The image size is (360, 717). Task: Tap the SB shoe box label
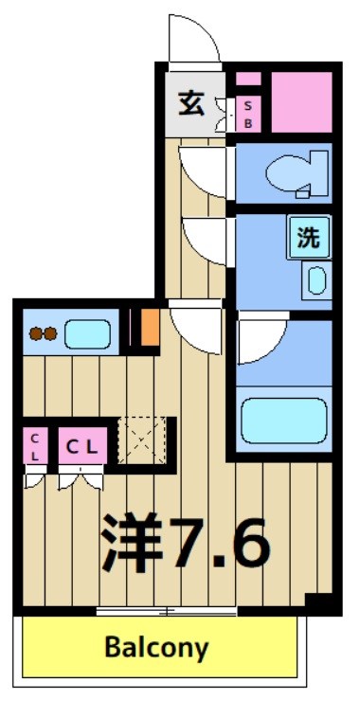248,115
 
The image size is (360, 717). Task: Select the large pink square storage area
300,101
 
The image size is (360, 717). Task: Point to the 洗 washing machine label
309,238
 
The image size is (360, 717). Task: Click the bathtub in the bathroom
283,420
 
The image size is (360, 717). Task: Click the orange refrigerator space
149,328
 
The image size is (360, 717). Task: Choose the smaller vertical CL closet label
34,446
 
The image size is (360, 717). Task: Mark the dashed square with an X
142,441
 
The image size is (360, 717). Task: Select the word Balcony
156,649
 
